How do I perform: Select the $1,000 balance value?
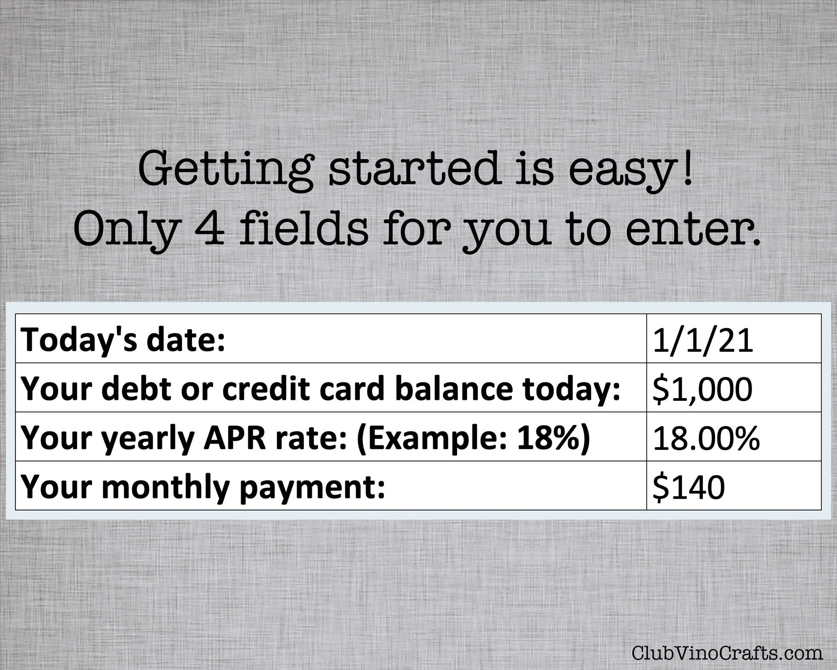[x=702, y=389]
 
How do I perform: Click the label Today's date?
[x=123, y=340]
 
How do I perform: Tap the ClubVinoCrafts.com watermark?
[x=727, y=653]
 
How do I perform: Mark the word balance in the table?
[x=454, y=389]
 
